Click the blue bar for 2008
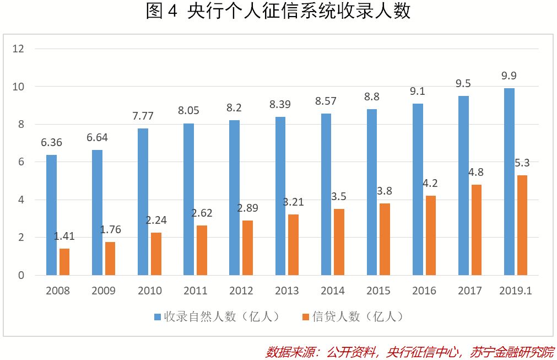pyautogui.click(x=51, y=215)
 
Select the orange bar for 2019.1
pyautogui.click(x=522, y=225)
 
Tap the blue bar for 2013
pyautogui.click(x=280, y=196)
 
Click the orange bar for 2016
pyautogui.click(x=431, y=235)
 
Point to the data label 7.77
pyautogui.click(x=143, y=116)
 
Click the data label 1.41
pyautogui.click(x=64, y=237)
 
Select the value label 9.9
pyautogui.click(x=509, y=76)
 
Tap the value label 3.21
pyautogui.click(x=293, y=202)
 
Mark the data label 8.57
pyautogui.click(x=326, y=101)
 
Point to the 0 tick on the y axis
pyautogui.click(x=21, y=275)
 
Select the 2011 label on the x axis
pyautogui.click(x=195, y=291)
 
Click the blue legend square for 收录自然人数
pyautogui.click(x=158, y=317)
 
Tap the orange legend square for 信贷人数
pyautogui.click(x=306, y=317)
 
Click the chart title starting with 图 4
pyautogui.click(x=278, y=12)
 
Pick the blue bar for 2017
pyautogui.click(x=463, y=185)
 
